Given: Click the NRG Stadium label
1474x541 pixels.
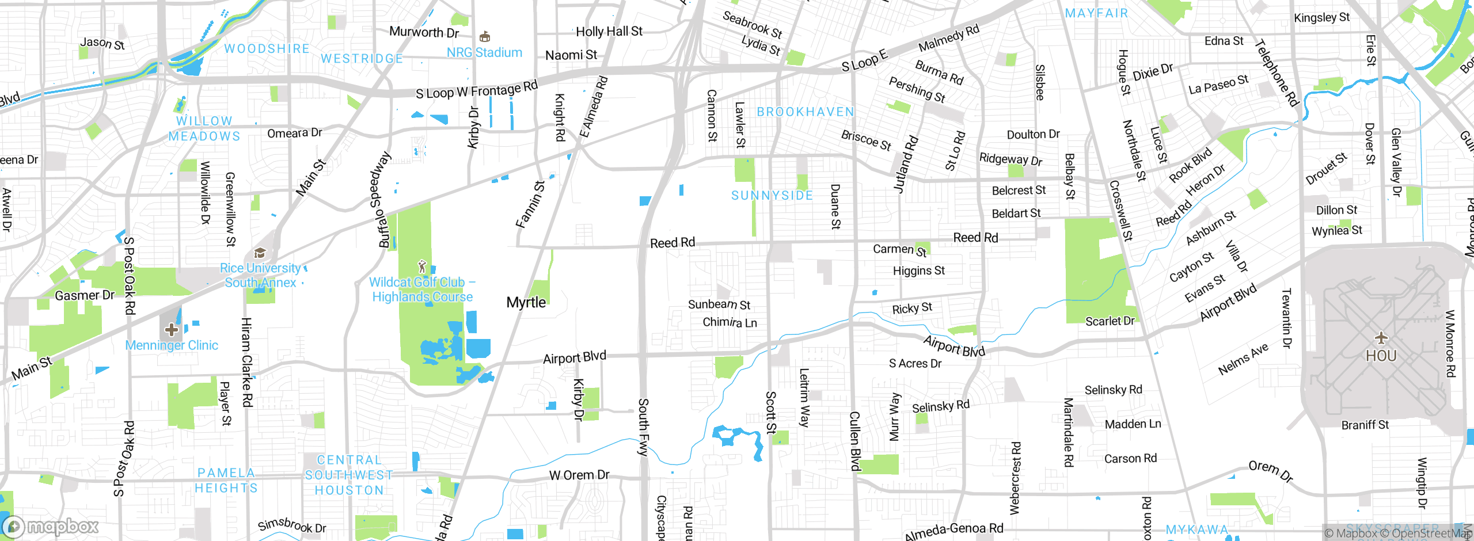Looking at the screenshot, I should [484, 52].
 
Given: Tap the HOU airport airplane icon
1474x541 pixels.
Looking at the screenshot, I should [1381, 338].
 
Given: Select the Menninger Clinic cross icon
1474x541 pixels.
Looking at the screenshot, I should [171, 330].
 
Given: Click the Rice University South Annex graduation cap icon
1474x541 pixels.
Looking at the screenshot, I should [260, 253].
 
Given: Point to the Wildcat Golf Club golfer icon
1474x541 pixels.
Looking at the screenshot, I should [422, 266].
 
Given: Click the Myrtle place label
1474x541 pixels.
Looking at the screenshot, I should [526, 302].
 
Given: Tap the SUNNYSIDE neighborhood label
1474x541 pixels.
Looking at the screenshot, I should [772, 196].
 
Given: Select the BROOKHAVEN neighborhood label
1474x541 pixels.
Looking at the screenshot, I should [805, 112].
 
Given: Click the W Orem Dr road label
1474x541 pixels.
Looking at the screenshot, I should [579, 475].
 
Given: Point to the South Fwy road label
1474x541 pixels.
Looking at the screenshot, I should [643, 427].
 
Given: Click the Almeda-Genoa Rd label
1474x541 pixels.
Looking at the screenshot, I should [953, 531].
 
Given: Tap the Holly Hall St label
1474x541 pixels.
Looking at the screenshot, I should [609, 32].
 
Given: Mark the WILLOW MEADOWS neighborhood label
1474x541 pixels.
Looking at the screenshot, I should [204, 129].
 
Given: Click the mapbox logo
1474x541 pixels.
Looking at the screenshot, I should [51, 526].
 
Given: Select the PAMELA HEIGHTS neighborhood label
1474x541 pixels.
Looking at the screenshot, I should [226, 481].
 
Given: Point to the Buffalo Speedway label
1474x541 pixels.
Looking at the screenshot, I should [384, 199].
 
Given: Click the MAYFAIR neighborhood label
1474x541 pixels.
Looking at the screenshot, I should [1096, 13].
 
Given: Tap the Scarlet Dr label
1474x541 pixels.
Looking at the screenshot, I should [1110, 321].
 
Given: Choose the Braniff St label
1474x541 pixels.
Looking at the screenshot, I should [1365, 425].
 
